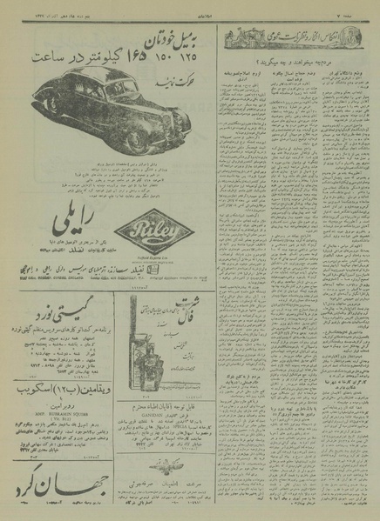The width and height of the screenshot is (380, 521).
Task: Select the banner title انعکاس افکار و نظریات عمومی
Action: pyautogui.click(x=279, y=37)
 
